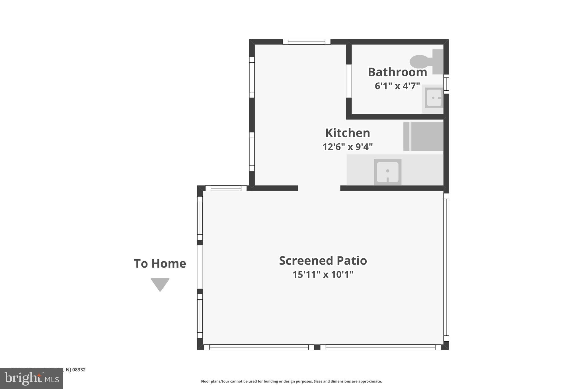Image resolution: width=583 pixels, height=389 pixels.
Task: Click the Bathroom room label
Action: pos(397,72)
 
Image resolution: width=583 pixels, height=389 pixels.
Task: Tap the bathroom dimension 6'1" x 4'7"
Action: pos(397,86)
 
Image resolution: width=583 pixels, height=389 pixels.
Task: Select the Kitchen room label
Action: pos(347,133)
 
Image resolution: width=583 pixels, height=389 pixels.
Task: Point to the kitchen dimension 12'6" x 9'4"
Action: pos(347,147)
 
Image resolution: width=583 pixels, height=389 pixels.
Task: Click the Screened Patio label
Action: pos(323,260)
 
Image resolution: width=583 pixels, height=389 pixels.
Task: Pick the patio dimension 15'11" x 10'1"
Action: pos(323,274)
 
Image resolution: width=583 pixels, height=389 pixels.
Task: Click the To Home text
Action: pos(160,263)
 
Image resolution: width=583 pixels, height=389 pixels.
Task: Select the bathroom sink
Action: pos(434,98)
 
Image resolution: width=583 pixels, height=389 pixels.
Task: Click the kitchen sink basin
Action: pos(387,172)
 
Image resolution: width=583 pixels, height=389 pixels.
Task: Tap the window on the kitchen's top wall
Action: pos(306,42)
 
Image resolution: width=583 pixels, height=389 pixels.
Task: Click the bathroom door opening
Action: pos(349,81)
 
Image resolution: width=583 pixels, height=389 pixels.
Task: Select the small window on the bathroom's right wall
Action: pos(446,84)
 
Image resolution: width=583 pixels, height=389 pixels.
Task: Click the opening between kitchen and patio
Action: pos(319,188)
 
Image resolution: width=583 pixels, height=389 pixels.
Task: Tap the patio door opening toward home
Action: pos(200,267)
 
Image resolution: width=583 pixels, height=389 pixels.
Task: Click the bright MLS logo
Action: pos(32,378)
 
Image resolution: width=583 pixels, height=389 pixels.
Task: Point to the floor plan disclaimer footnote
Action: pos(291,381)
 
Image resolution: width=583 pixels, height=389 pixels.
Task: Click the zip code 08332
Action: pos(79,370)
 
